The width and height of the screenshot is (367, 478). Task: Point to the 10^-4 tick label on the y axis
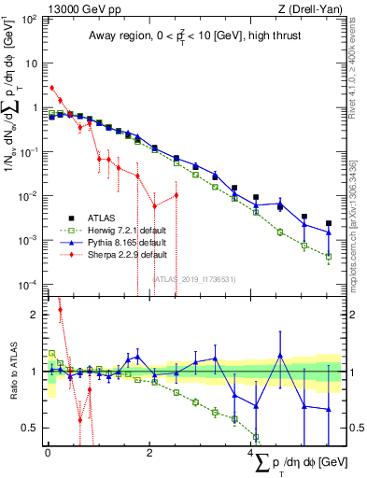[x=29, y=284]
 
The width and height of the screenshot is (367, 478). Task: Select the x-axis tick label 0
[x=48, y=453]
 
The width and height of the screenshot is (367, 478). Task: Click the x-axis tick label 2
[x=149, y=453]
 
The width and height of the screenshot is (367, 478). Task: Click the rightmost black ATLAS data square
[x=328, y=224]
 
